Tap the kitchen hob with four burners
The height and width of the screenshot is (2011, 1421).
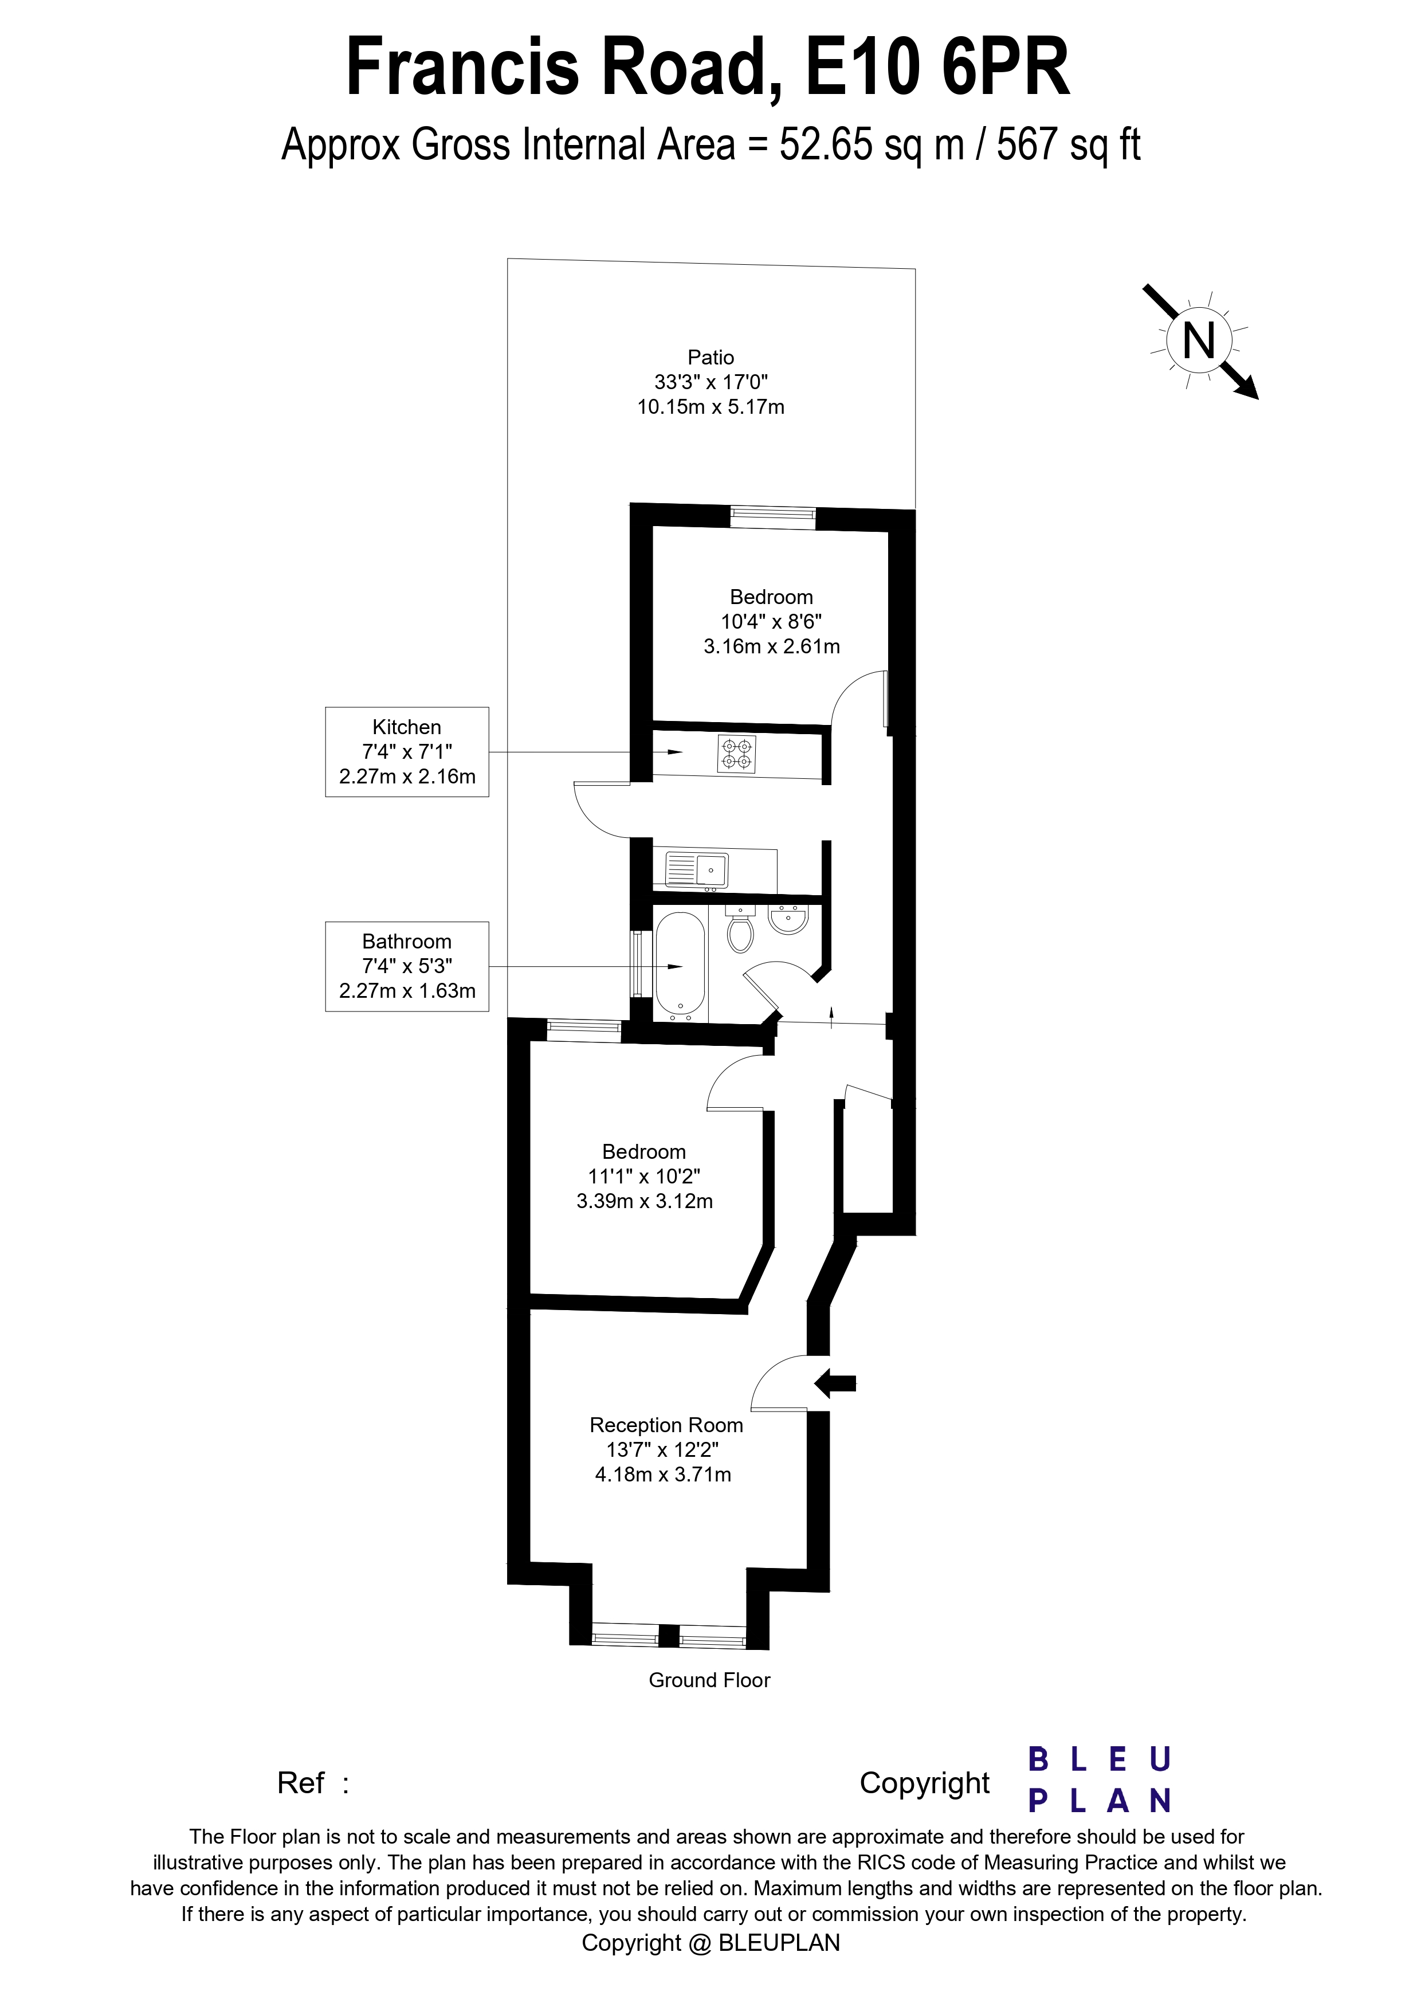tap(736, 754)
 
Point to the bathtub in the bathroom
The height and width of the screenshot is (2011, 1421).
tap(680, 967)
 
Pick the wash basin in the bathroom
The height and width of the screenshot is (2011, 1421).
tap(790, 920)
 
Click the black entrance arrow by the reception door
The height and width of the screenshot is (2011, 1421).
tap(835, 1384)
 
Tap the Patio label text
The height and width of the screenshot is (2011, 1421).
tap(710, 358)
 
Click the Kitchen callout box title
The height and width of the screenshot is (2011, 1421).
tap(406, 727)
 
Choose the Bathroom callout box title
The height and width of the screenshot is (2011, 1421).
tap(406, 942)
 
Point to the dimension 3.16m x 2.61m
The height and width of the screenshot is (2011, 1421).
tap(771, 646)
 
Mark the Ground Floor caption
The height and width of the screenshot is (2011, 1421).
tap(709, 1680)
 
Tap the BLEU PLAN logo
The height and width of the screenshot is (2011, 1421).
tap(1099, 1780)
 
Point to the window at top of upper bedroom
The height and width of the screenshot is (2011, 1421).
tap(773, 518)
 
